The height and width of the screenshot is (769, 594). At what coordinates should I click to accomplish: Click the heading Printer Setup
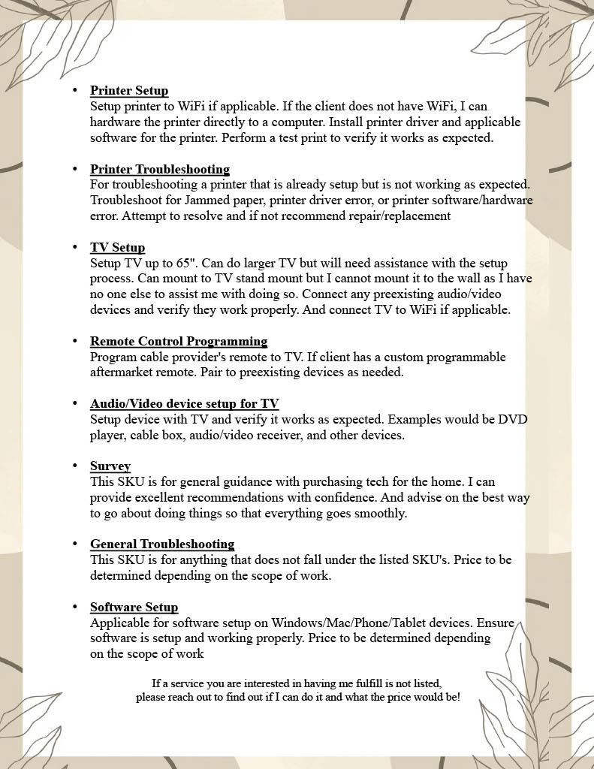pyautogui.click(x=129, y=91)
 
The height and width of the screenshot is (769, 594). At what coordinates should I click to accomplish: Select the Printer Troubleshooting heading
pyautogui.click(x=159, y=169)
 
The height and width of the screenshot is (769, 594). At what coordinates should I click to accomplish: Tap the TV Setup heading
pyautogui.click(x=117, y=247)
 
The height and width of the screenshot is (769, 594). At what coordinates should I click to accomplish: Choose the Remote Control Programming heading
pyautogui.click(x=179, y=341)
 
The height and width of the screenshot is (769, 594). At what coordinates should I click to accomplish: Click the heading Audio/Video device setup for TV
pyautogui.click(x=184, y=403)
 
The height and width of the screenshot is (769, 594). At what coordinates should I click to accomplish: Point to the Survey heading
pyautogui.click(x=110, y=466)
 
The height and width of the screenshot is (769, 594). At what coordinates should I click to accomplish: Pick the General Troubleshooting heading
pyautogui.click(x=162, y=544)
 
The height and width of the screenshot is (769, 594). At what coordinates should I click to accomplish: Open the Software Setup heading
pyautogui.click(x=134, y=607)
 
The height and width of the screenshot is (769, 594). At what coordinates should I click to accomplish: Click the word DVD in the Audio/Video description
pyautogui.click(x=513, y=420)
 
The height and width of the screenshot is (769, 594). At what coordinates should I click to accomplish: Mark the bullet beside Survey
pyautogui.click(x=75, y=466)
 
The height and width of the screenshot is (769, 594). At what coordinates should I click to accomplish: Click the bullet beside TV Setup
pyautogui.click(x=75, y=247)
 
